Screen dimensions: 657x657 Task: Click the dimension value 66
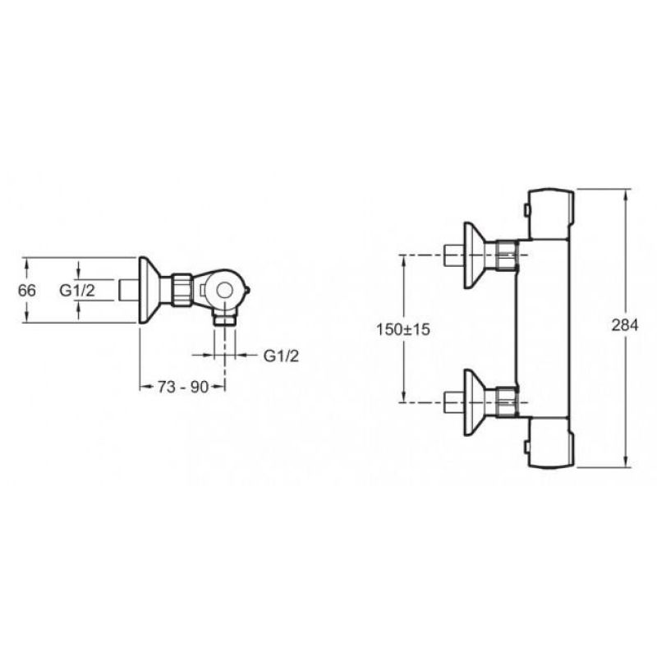coord(27,290)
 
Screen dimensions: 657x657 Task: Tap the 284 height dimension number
coord(625,324)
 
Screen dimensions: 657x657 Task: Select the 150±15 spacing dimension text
coord(403,329)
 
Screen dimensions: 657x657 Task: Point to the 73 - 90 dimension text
coord(183,387)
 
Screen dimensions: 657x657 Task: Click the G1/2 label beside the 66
coord(77,290)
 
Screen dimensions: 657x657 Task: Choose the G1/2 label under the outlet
coord(281,356)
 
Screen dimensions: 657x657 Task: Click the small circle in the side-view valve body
coord(225,290)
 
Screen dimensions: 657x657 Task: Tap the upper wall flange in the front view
coord(474,255)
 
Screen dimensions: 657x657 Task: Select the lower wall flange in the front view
coord(474,402)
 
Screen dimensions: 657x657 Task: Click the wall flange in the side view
coord(149,290)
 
